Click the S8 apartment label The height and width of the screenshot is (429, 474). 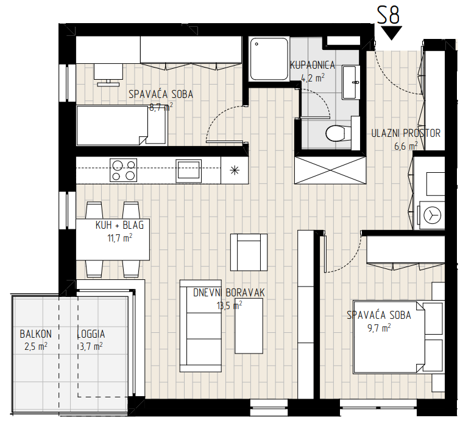coord(388,15)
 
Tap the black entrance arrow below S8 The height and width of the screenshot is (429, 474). coord(392,33)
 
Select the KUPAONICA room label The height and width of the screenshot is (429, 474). coord(313,65)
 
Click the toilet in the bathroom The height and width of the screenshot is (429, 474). coord(336,133)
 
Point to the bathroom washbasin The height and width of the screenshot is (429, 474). coord(351,82)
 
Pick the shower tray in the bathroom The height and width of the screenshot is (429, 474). coord(269,59)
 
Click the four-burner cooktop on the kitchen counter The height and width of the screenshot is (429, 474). coord(123,170)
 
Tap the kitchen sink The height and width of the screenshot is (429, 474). coord(189,170)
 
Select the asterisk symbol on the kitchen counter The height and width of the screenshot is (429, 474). coord(235,170)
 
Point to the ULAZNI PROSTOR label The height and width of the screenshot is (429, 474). coord(406,133)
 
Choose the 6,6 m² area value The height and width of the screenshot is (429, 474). coord(406,146)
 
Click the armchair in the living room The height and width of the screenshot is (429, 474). coord(249,252)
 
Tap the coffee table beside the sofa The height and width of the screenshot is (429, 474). coord(249,326)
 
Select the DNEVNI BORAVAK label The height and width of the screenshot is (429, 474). coord(229,293)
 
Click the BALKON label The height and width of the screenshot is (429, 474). coord(36,334)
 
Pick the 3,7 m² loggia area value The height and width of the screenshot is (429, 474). coord(91,346)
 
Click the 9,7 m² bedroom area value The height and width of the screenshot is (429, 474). coord(379,328)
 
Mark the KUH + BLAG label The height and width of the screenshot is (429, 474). coord(119,225)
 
